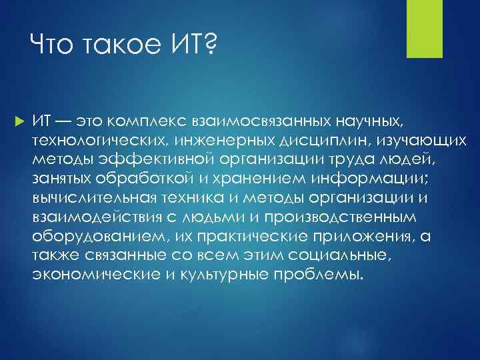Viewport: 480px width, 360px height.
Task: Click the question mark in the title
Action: (x=209, y=46)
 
